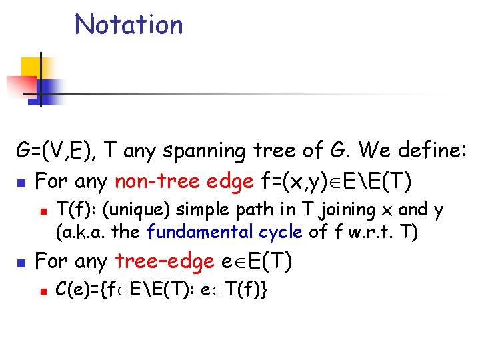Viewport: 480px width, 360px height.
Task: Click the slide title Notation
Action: coord(129,25)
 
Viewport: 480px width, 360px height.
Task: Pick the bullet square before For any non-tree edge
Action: coord(22,181)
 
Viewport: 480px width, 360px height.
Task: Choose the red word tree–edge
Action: coord(165,261)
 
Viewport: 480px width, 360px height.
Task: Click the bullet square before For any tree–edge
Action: coord(22,262)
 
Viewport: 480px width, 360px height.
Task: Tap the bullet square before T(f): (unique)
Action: coord(42,211)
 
